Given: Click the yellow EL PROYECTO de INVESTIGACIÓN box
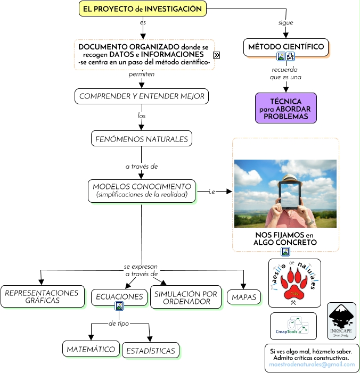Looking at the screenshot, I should click(x=142, y=9).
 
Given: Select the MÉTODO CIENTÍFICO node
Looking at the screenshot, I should click(x=286, y=47).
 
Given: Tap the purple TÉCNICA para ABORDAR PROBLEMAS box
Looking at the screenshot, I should click(x=286, y=108).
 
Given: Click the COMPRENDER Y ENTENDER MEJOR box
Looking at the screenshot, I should click(x=141, y=96).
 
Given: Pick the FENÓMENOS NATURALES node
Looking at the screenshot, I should click(x=141, y=139).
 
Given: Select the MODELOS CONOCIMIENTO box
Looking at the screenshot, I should click(x=142, y=190).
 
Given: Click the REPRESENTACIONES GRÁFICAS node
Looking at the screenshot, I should click(x=42, y=296).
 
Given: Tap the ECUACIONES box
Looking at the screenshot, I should click(x=119, y=296).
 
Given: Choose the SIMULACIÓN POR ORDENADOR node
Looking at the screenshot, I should click(x=186, y=298).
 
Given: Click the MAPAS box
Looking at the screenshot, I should click(x=244, y=297).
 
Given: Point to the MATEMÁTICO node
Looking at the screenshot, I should click(x=91, y=350).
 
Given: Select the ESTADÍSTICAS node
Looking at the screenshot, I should click(x=151, y=351).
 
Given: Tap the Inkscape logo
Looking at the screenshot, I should click(x=341, y=321).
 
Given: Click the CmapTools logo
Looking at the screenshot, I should click(x=293, y=326).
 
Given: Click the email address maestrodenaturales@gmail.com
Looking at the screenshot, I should click(x=312, y=366).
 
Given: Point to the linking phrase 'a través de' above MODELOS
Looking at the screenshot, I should click(x=142, y=167).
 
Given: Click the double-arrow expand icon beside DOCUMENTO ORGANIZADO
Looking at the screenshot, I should click(x=217, y=55).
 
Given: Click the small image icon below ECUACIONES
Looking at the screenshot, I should click(x=119, y=306).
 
